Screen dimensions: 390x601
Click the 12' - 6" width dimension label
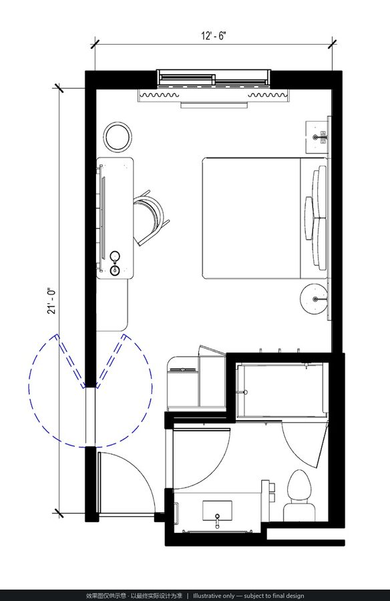click(x=214, y=36)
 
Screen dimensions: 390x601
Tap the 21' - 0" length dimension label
click(x=51, y=301)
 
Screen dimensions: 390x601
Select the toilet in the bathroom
click(x=299, y=495)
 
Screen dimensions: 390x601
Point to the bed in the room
click(x=265, y=218)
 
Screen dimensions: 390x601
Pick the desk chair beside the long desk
click(x=152, y=217)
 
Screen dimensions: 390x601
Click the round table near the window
click(x=118, y=136)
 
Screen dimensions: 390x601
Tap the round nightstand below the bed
click(x=314, y=299)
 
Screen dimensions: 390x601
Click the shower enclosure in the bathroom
click(x=282, y=391)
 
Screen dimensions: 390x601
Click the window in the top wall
click(x=214, y=78)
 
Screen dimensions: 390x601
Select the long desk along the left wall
click(x=115, y=218)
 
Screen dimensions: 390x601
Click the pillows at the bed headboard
click(x=316, y=218)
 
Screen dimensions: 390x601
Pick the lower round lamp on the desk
click(x=115, y=270)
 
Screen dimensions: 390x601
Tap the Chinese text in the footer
click(x=134, y=596)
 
